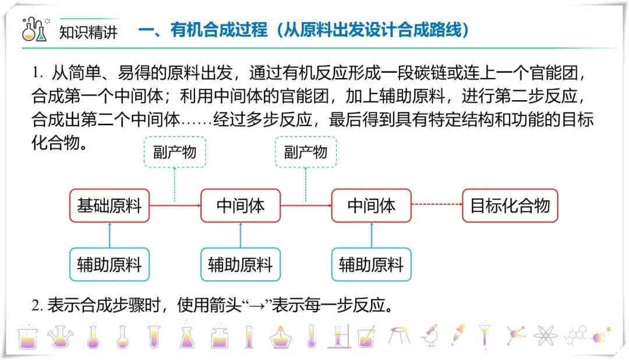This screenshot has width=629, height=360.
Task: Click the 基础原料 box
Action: point(109,206)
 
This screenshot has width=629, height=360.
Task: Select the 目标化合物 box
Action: point(510,206)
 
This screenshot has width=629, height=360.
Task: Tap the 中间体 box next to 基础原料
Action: point(240,206)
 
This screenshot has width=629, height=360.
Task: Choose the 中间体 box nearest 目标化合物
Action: point(371,206)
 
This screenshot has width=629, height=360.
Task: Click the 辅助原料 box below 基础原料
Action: point(109,265)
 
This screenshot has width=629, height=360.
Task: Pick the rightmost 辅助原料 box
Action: point(371,265)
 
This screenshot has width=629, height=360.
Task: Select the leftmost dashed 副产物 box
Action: point(175,153)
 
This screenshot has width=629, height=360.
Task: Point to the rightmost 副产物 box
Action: point(306,153)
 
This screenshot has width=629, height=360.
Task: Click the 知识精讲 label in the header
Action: point(89,31)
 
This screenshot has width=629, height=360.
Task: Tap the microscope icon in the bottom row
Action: point(430,336)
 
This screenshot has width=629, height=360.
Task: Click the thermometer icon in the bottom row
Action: point(312,336)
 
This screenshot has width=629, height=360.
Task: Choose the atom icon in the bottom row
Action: point(545,336)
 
